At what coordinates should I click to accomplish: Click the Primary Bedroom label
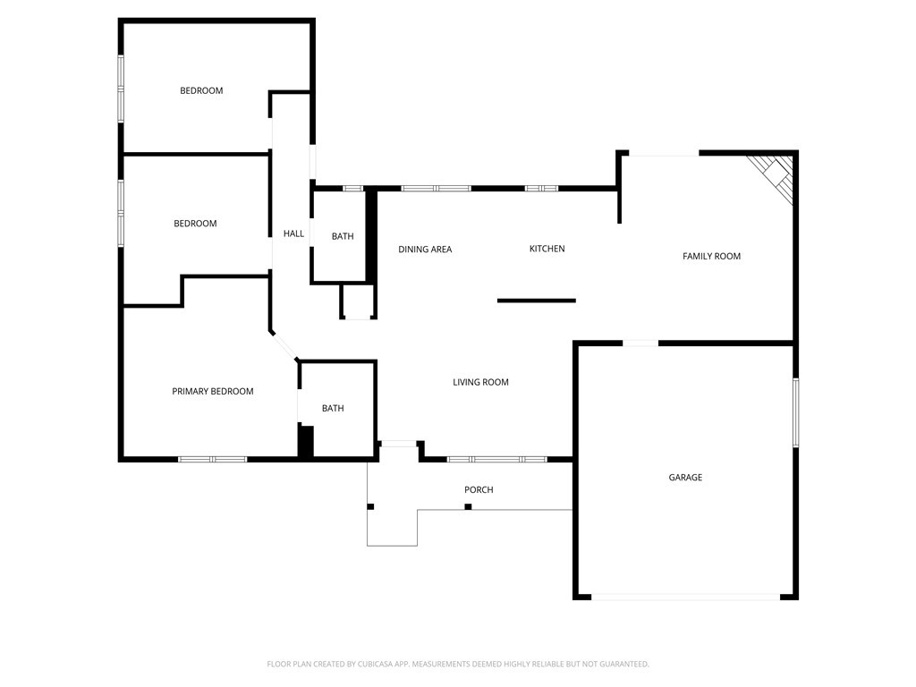click(213, 391)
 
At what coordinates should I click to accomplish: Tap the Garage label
click(685, 478)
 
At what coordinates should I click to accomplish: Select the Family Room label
click(711, 257)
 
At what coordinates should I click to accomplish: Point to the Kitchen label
click(547, 249)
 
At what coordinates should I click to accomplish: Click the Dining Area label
click(425, 250)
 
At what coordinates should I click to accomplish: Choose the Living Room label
click(480, 383)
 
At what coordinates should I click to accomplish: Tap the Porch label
click(479, 490)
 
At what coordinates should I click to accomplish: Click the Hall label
click(293, 234)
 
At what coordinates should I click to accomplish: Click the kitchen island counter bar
click(537, 301)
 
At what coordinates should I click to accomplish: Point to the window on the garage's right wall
click(795, 412)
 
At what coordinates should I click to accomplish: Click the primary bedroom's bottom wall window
click(212, 459)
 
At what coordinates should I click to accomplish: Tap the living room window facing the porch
click(496, 459)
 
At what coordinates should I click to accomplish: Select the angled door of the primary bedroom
click(284, 346)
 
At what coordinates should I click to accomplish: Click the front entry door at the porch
click(398, 443)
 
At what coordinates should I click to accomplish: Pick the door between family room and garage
click(640, 343)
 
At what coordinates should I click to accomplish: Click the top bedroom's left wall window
click(121, 88)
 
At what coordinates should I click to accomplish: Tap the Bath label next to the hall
click(343, 237)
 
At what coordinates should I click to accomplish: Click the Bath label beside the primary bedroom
click(333, 409)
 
